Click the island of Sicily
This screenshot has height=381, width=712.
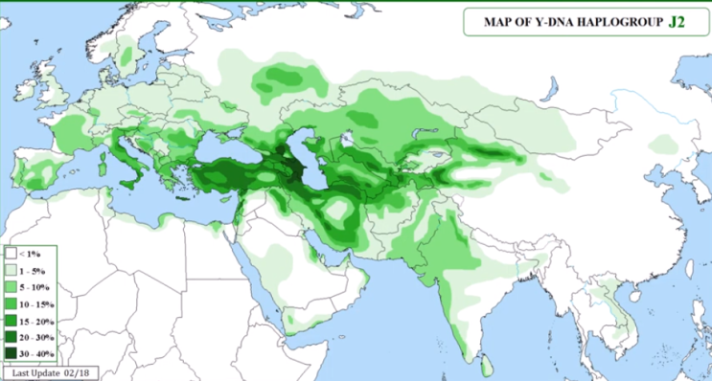pyautogui.click(x=134, y=186)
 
